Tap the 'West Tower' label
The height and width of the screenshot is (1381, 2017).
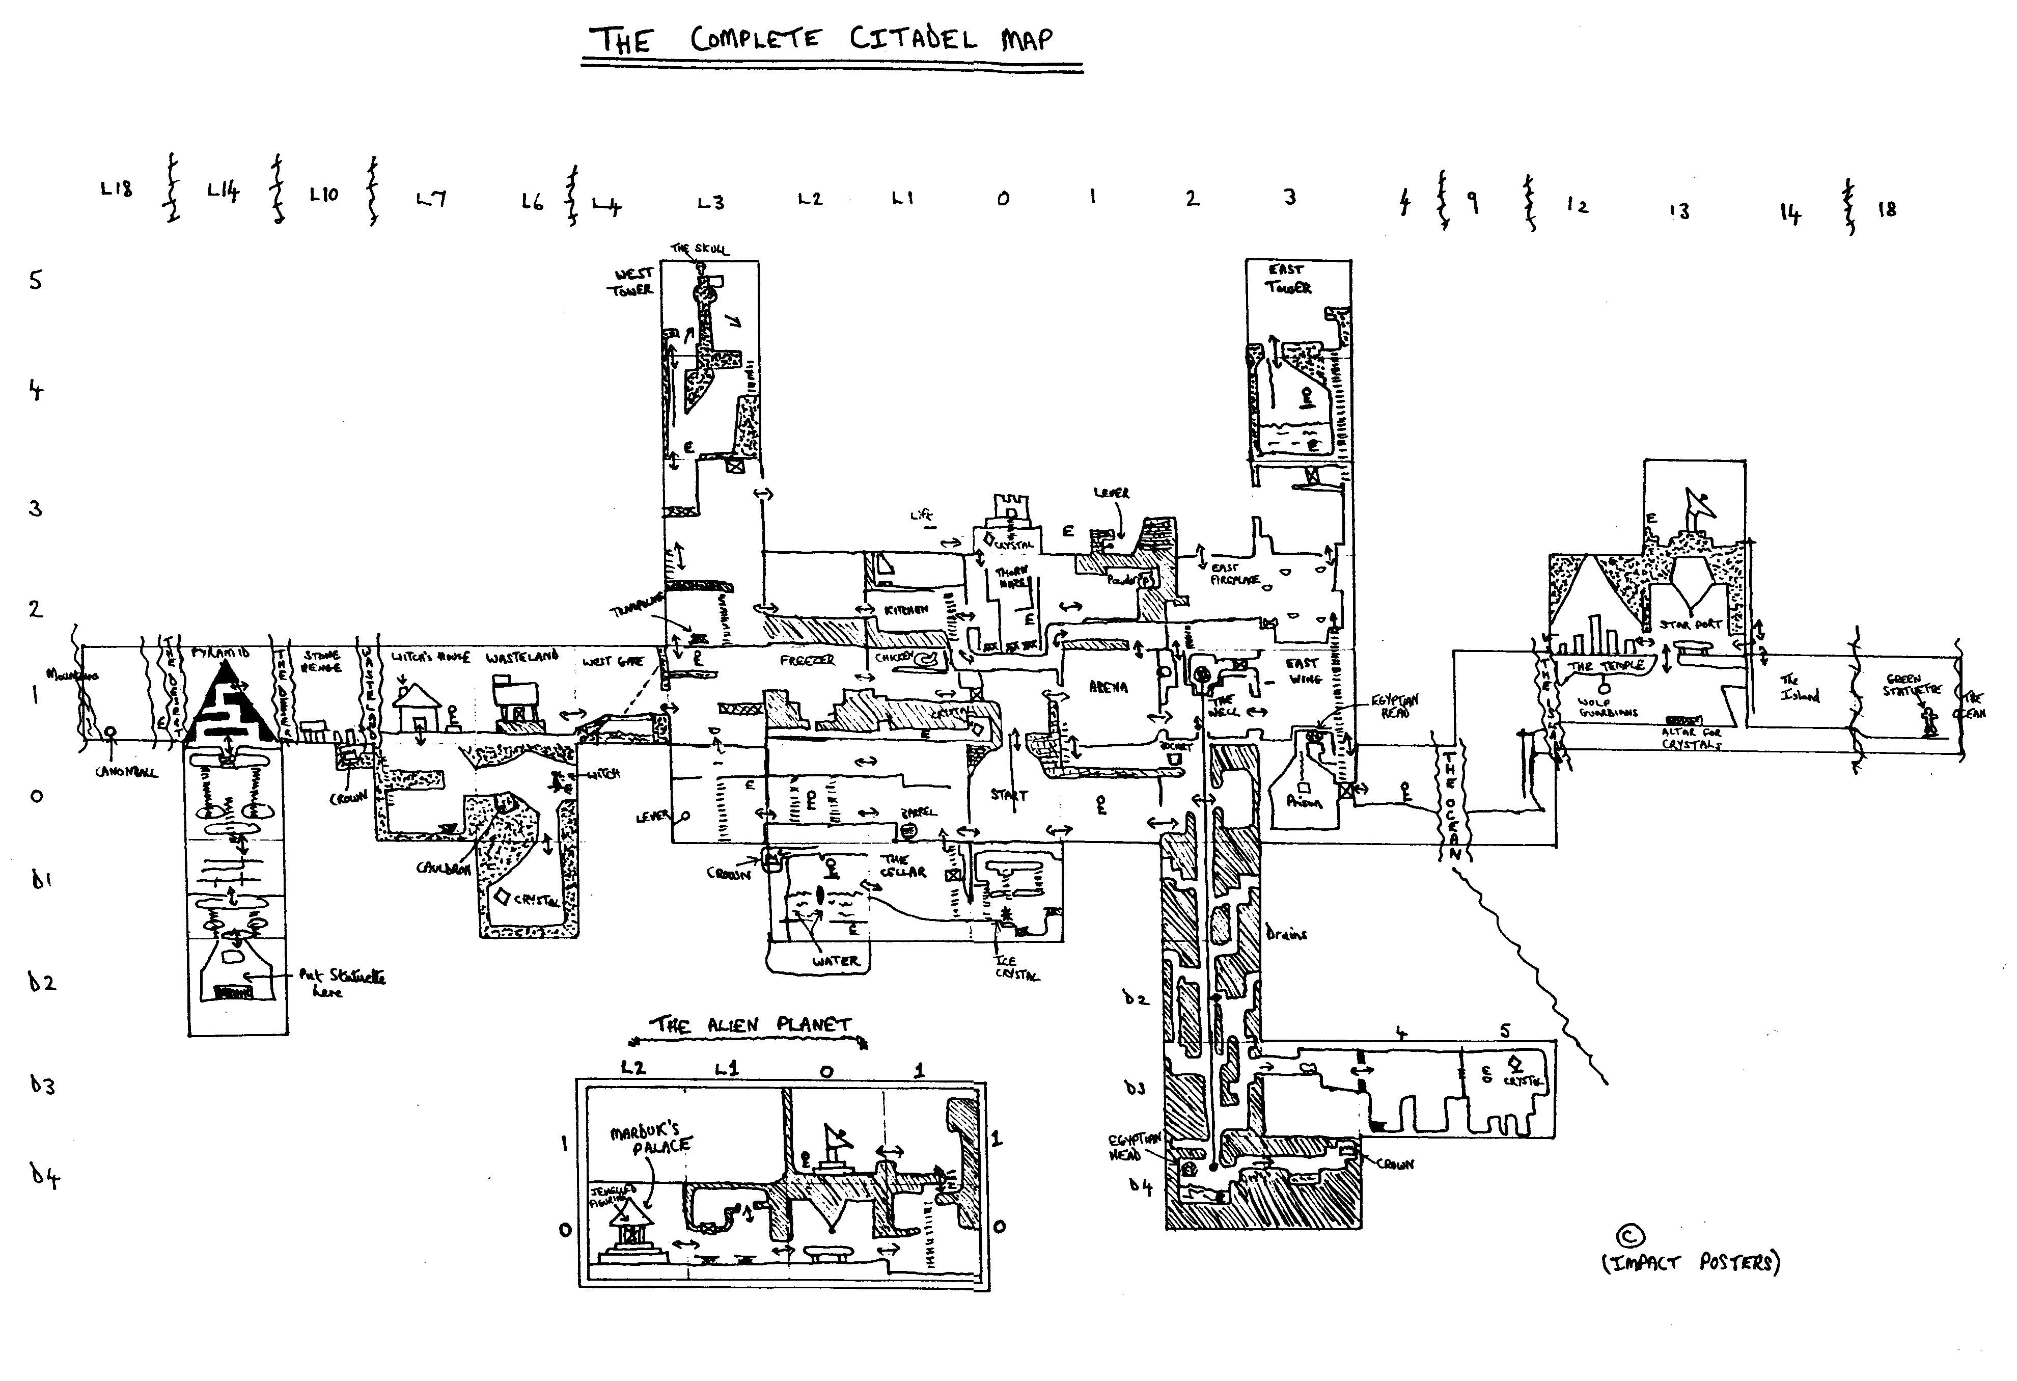click(632, 282)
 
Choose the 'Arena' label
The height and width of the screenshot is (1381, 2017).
click(1109, 688)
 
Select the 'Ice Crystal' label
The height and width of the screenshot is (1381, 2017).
click(1016, 968)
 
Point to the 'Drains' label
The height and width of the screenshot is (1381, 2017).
click(1286, 934)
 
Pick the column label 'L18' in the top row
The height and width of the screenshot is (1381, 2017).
click(116, 189)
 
